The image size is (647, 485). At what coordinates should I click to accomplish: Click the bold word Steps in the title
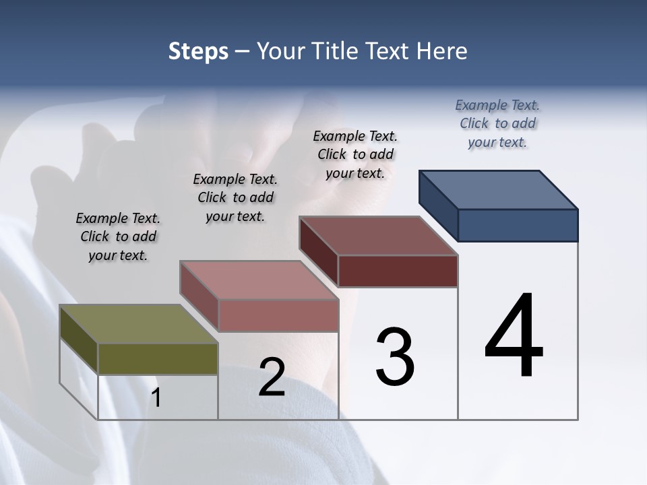click(198, 51)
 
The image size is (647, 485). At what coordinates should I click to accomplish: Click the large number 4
click(514, 337)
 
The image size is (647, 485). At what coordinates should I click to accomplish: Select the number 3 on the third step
click(395, 357)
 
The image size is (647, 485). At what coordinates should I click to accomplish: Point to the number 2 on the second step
click(272, 377)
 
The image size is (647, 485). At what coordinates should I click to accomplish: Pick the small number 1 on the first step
click(156, 398)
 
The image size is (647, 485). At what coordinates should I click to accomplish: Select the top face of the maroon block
click(378, 236)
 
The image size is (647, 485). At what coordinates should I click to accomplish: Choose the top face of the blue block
click(498, 189)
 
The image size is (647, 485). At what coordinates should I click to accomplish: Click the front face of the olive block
click(158, 358)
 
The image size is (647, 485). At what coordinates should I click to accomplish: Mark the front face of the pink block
click(278, 315)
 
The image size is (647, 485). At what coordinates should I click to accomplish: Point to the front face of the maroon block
click(398, 271)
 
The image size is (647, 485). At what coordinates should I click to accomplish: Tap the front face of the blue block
click(518, 225)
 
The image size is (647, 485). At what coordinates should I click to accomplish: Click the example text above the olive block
click(118, 237)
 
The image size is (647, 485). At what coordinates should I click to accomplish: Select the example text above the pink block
click(235, 198)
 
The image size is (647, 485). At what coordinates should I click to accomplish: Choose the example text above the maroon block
click(355, 155)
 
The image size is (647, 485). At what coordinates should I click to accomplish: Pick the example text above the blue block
click(497, 124)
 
